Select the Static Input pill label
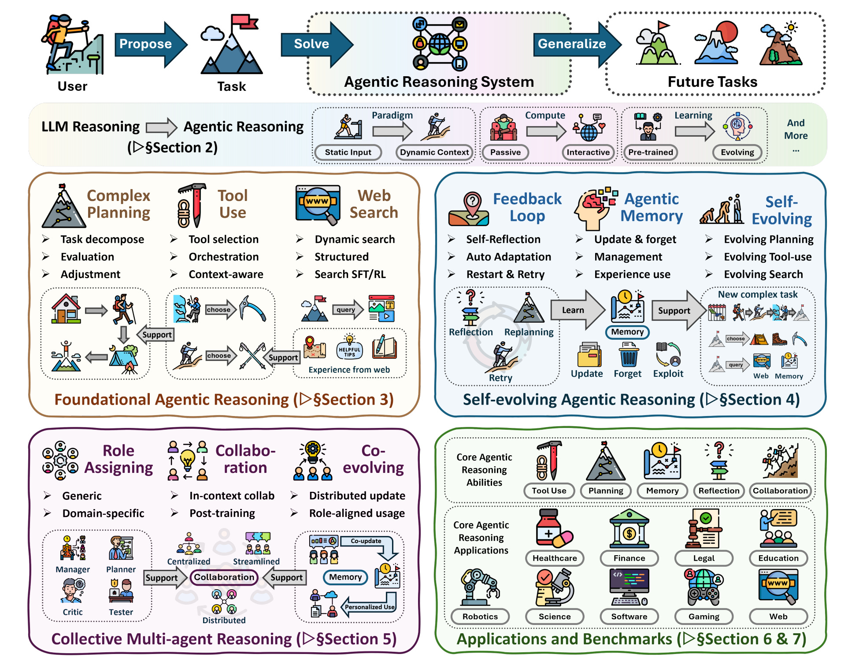pyautogui.click(x=348, y=152)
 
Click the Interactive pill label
pyautogui.click(x=588, y=152)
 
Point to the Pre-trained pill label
pyautogui.click(x=651, y=152)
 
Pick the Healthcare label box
pyautogui.click(x=555, y=558)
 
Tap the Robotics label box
pyautogui.click(x=480, y=617)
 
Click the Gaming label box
pyautogui.click(x=704, y=617)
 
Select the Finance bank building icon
pyautogui.click(x=629, y=529)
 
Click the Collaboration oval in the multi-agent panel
pyautogui.click(x=224, y=577)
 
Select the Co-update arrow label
pyautogui.click(x=366, y=541)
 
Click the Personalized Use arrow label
pyautogui.click(x=370, y=607)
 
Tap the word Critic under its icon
pyautogui.click(x=73, y=612)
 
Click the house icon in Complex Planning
pyautogui.click(x=66, y=309)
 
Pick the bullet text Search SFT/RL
pyautogui.click(x=350, y=275)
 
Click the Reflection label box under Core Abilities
pyautogui.click(x=719, y=491)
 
